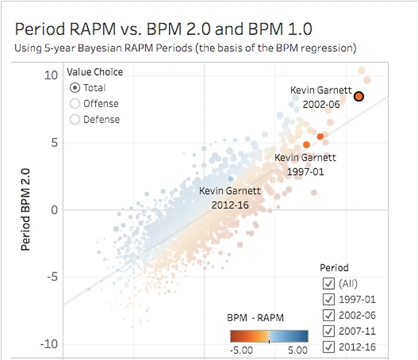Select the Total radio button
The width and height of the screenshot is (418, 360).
(x=74, y=88)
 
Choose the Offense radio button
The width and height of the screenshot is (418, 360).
(x=74, y=104)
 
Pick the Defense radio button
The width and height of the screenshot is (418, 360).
(x=74, y=120)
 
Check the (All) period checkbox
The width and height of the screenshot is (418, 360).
(x=329, y=283)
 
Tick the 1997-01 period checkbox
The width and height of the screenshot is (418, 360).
(x=329, y=299)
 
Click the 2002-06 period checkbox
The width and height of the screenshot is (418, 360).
(x=329, y=315)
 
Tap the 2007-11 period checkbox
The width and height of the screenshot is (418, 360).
(x=329, y=331)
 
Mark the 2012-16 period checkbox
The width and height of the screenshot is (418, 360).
(x=329, y=347)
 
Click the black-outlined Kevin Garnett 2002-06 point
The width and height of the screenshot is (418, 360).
(x=358, y=96)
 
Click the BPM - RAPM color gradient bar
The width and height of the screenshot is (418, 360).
(x=269, y=336)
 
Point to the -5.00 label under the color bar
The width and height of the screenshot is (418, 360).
(x=242, y=350)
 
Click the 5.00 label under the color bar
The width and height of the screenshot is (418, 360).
(x=297, y=350)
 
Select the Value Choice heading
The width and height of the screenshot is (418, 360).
(x=94, y=72)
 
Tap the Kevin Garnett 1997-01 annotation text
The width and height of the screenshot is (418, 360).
(x=305, y=164)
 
